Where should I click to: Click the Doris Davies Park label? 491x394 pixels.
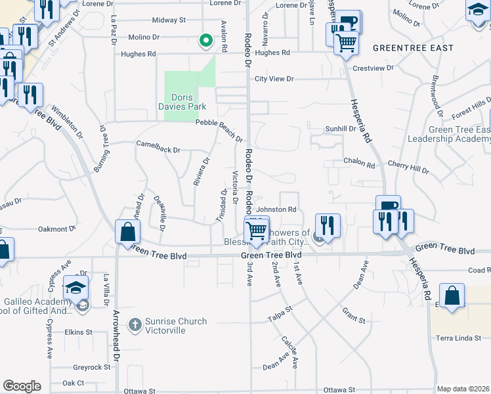click(182, 100)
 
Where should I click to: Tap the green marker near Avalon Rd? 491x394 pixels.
click(206, 41)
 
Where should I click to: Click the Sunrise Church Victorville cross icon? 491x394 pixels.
click(135, 324)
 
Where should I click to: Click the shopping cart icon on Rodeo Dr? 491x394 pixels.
click(256, 230)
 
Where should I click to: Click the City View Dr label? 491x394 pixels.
click(274, 79)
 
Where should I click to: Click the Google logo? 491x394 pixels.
click(22, 386)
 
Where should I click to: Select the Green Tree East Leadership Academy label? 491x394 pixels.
click(449, 135)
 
